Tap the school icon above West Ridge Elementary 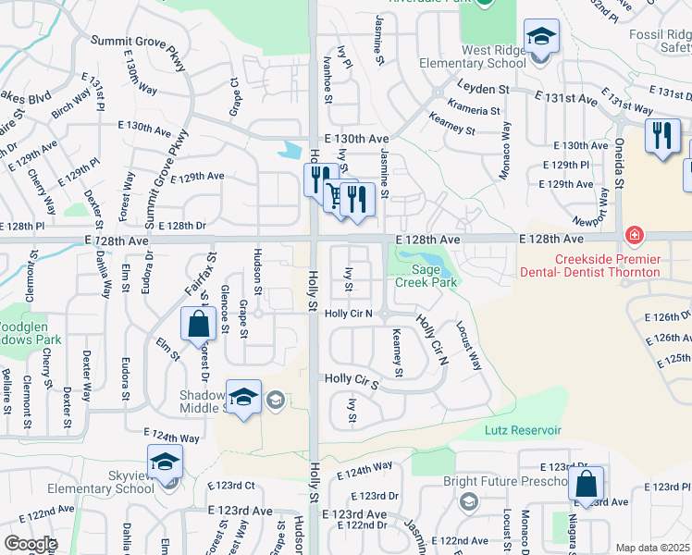tap(541, 39)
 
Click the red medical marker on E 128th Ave tap(635, 235)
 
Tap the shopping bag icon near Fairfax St tap(198, 325)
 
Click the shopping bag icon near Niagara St tap(586, 484)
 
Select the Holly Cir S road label tap(352, 380)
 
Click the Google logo tap(31, 544)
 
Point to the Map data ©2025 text tap(652, 548)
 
